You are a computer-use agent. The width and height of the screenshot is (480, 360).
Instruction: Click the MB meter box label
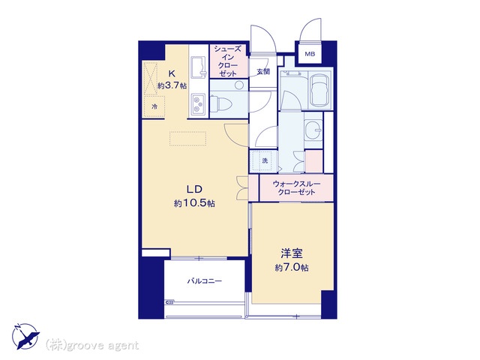pos(310,54)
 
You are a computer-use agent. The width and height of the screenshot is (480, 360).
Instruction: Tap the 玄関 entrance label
pos(263,72)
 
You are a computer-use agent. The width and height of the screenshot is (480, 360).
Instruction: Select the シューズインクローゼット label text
pos(228,61)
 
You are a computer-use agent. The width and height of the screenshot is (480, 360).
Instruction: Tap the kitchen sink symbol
pos(198,67)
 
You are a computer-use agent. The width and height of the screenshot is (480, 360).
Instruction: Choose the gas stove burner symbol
pos(198,104)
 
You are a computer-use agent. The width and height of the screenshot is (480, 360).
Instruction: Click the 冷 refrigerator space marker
pos(154,106)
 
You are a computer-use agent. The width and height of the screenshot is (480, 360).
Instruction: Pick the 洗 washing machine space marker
pos(265,160)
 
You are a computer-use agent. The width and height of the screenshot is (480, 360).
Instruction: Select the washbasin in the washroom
pos(313,130)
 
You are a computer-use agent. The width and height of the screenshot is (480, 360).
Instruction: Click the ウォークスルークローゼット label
pos(296,188)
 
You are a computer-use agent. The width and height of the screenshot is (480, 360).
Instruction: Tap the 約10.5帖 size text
pos(194,203)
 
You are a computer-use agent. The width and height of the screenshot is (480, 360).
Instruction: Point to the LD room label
pos(194,189)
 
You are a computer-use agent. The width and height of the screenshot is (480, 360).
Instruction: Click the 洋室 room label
pos(292,253)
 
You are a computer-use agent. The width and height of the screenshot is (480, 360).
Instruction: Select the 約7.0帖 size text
pos(292,268)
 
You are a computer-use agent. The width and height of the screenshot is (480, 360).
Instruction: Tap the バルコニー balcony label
pos(205,280)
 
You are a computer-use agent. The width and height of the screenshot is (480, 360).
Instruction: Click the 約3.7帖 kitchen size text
pos(172,85)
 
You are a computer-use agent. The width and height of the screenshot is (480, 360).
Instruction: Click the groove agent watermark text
pos(92,345)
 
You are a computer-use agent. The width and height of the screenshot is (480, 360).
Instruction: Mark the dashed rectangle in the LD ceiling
pos(187,139)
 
